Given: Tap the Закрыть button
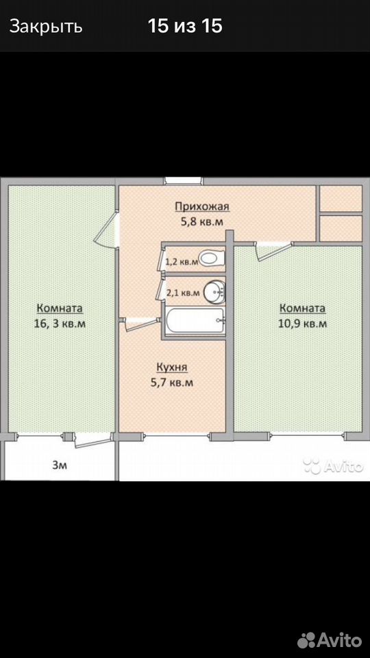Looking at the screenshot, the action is pos(46,27).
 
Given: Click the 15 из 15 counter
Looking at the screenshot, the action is pos(184,27).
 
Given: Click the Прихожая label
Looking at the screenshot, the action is pos(203,206).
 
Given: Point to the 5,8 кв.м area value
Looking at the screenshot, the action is pos(201,221).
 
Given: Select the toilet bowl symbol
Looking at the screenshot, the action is pos(212,258).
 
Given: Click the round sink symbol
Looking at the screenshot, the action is pos(214,292).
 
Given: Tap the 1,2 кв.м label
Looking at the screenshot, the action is pos(182,263).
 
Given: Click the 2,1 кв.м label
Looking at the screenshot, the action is pos(183,293).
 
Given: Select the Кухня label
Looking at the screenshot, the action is pos(172,367).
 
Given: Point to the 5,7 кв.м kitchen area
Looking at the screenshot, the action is pos(172,382).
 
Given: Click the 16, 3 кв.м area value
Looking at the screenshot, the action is pos(61,324).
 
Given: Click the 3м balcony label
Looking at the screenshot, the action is pos(60,465).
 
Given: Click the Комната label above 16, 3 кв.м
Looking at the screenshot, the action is pos(60,308).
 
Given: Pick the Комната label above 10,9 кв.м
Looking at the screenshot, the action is pos(302,308).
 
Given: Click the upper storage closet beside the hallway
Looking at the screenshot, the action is pos(341,199).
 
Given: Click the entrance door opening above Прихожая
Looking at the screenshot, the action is pos(183,181).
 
